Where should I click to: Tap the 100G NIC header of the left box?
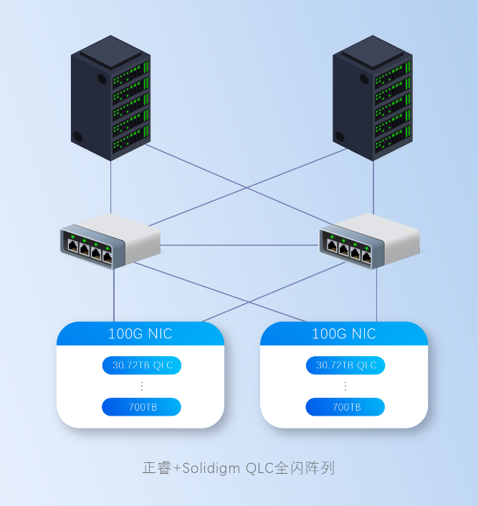pos(140,334)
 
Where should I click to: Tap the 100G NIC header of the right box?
pos(344,334)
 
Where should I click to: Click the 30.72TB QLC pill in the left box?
pos(141,366)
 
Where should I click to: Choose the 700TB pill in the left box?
pos(141,408)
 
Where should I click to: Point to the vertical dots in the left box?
pos(141,386)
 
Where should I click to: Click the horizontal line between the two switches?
pos(240,245)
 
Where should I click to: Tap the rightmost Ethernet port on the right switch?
pos(366,252)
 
